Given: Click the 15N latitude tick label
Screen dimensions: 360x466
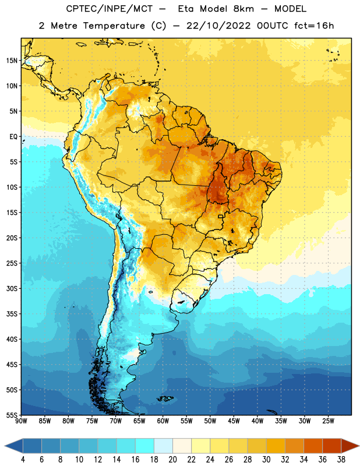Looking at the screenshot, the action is (x=12, y=61).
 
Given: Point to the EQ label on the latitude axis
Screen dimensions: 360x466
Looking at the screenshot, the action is (x=13, y=137).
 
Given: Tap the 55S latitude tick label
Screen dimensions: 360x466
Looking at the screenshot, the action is (x=12, y=415).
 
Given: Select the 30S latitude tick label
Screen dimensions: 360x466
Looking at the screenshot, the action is (x=12, y=288).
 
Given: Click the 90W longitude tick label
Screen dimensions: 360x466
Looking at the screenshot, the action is (x=21, y=421).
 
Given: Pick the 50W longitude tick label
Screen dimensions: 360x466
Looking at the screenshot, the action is (x=210, y=421).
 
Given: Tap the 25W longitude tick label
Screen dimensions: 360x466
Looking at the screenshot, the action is (x=328, y=421).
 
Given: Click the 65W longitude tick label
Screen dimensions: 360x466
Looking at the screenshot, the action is (x=139, y=421).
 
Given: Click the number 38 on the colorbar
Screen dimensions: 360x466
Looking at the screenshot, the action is (x=341, y=460).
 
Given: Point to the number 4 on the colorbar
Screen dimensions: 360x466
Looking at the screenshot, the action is (x=23, y=460).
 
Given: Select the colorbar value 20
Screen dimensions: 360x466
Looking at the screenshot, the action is (x=172, y=460).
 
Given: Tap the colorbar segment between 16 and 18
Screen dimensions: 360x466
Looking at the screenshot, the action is (x=145, y=446).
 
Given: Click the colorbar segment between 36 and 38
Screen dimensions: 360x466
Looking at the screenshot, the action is (x=332, y=446).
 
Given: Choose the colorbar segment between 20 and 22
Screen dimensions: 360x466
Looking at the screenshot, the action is (x=182, y=446).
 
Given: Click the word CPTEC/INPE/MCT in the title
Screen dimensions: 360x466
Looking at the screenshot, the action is (x=110, y=9).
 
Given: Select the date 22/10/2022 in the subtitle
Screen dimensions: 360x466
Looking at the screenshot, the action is (x=218, y=26).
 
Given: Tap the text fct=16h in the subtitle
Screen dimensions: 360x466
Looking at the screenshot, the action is (x=314, y=26).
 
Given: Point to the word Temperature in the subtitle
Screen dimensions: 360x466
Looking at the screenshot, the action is (x=114, y=26).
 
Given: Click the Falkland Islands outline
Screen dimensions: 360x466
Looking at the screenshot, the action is (x=165, y=398).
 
